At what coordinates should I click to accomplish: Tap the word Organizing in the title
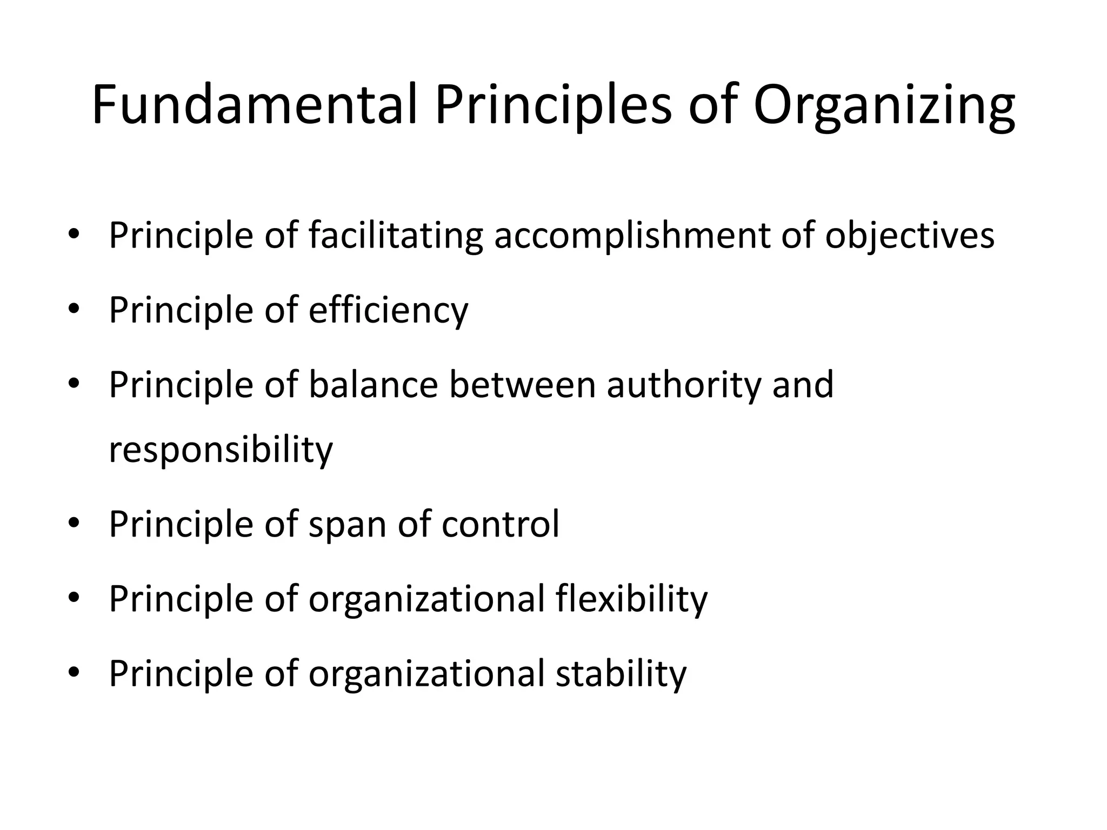coord(884,106)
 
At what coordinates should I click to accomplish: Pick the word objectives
coord(909,236)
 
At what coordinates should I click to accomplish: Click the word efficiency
coord(388,311)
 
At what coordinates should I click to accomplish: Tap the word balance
coord(373,385)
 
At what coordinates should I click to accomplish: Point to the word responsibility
coord(221,450)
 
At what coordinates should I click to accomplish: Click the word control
coord(500,524)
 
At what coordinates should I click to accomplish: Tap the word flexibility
coord(631,599)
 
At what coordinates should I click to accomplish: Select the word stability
coord(621,673)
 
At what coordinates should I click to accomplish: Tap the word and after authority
coord(803,385)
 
